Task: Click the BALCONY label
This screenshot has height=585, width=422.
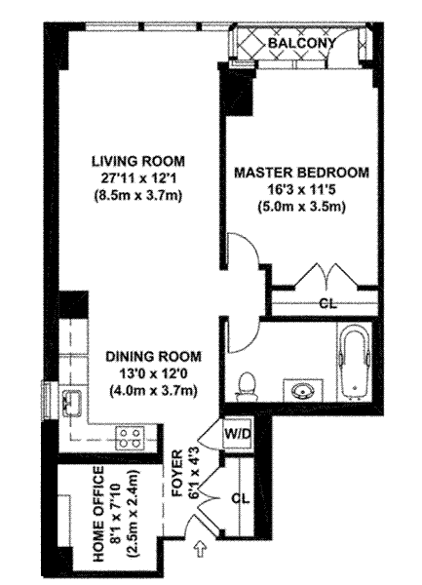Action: coord(301,43)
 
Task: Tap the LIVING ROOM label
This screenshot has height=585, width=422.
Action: coord(138,161)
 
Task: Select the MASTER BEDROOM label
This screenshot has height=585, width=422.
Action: coord(301,173)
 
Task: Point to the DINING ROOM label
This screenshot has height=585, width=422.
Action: coord(153,356)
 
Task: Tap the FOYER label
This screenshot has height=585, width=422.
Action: coord(177,474)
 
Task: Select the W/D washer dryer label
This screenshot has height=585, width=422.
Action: coord(238,434)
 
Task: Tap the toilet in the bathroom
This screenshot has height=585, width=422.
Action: coord(246,387)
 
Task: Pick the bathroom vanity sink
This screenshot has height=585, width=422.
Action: coord(303,390)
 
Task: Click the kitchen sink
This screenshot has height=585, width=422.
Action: coord(73,403)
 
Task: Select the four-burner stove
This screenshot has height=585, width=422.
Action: coord(130,439)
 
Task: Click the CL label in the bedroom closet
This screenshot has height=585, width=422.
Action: coord(328,304)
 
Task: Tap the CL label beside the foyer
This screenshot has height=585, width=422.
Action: coord(241,498)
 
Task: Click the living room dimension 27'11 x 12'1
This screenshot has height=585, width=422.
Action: coord(138,178)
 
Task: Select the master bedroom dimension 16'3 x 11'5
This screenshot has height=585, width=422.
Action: coord(302,190)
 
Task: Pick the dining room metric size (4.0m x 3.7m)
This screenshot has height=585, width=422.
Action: coord(153,391)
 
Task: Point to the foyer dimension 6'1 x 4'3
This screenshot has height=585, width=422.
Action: coord(197,474)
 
